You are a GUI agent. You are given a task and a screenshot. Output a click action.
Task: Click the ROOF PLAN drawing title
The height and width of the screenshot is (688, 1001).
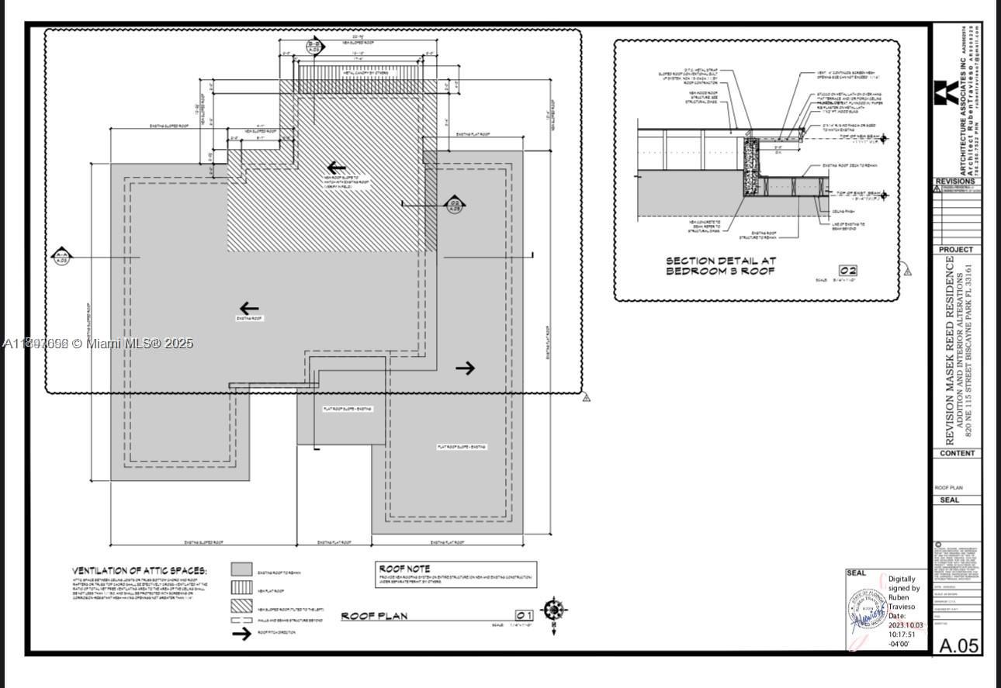pos(374,616)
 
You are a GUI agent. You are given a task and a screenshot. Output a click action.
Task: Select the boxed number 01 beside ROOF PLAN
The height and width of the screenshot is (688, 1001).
pos(525,615)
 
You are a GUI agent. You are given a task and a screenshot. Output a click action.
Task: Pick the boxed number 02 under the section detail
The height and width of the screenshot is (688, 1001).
pos(847,271)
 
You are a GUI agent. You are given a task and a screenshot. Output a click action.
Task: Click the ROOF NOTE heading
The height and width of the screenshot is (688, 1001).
pos(404,569)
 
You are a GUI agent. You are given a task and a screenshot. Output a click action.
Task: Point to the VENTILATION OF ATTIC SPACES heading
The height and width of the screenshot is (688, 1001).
pos(140,571)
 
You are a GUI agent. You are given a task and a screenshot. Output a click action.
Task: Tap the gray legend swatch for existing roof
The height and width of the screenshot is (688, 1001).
pos(242,569)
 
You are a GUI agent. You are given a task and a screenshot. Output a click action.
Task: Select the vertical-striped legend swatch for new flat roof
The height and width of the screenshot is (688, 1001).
pos(242,589)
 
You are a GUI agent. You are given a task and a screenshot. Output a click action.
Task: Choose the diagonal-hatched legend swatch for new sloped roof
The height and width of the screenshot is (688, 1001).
pos(242,607)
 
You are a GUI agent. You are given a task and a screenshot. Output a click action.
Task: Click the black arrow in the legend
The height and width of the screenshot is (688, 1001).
pos(242,633)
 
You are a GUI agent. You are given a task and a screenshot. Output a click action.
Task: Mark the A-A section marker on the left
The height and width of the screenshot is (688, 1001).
pos(62,256)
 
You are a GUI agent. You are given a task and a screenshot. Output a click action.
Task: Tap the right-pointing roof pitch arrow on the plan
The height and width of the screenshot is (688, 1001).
pos(465,368)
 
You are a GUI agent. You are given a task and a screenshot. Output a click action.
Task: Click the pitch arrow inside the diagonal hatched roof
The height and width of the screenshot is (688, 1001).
pos(336,168)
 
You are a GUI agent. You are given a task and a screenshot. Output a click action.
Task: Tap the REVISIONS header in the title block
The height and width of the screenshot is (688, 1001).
pos(956,181)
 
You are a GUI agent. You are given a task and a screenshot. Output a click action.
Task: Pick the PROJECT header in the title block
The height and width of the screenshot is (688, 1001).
pos(956,250)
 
